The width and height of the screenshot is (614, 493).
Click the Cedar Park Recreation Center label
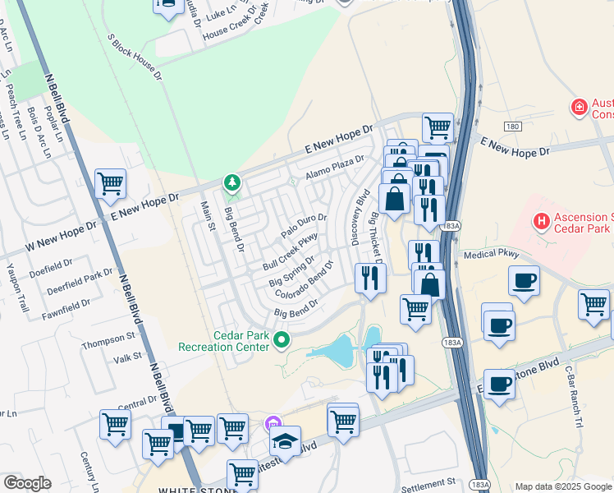coord(224,341)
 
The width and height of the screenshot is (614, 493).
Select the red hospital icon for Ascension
coord(540,220)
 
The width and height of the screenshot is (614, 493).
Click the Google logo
coord(27,483)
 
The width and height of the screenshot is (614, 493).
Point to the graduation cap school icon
coord(285,441)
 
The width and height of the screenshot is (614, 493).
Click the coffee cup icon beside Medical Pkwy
coord(524,280)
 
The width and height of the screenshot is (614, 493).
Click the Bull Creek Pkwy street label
coord(290,252)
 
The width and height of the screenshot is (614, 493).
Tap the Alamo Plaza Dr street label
coord(334,168)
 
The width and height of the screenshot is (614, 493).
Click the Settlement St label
coord(427,481)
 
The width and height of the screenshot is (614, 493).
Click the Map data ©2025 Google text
coord(562,486)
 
